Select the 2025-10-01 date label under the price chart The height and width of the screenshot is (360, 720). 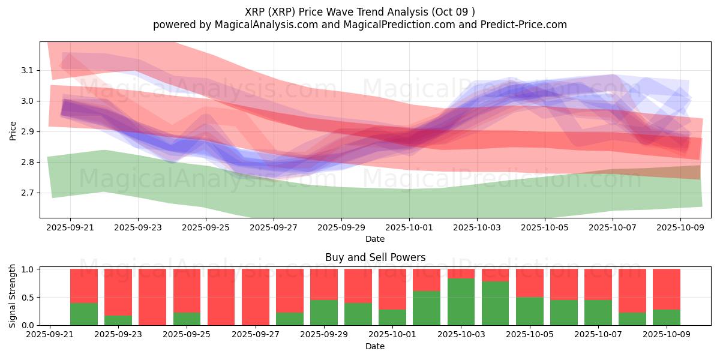click(x=409, y=228)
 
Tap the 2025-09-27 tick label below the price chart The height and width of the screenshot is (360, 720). click(x=274, y=228)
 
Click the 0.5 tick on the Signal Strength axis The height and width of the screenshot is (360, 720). click(x=28, y=298)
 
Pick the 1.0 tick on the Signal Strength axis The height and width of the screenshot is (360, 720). click(x=28, y=269)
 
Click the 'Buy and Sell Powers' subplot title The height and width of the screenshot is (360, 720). click(x=375, y=257)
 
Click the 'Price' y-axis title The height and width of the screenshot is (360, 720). click(x=13, y=130)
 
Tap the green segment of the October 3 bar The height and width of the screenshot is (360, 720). click(x=461, y=302)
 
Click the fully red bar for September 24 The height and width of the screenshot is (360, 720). click(x=152, y=297)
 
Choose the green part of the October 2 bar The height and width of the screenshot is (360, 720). click(x=427, y=308)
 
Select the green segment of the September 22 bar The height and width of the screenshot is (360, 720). click(x=84, y=314)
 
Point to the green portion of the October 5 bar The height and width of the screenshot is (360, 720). click(x=530, y=311)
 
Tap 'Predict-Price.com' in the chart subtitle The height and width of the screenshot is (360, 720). click(x=526, y=25)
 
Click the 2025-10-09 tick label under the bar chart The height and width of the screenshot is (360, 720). click(x=667, y=335)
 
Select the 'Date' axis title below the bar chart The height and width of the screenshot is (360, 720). click(x=375, y=346)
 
